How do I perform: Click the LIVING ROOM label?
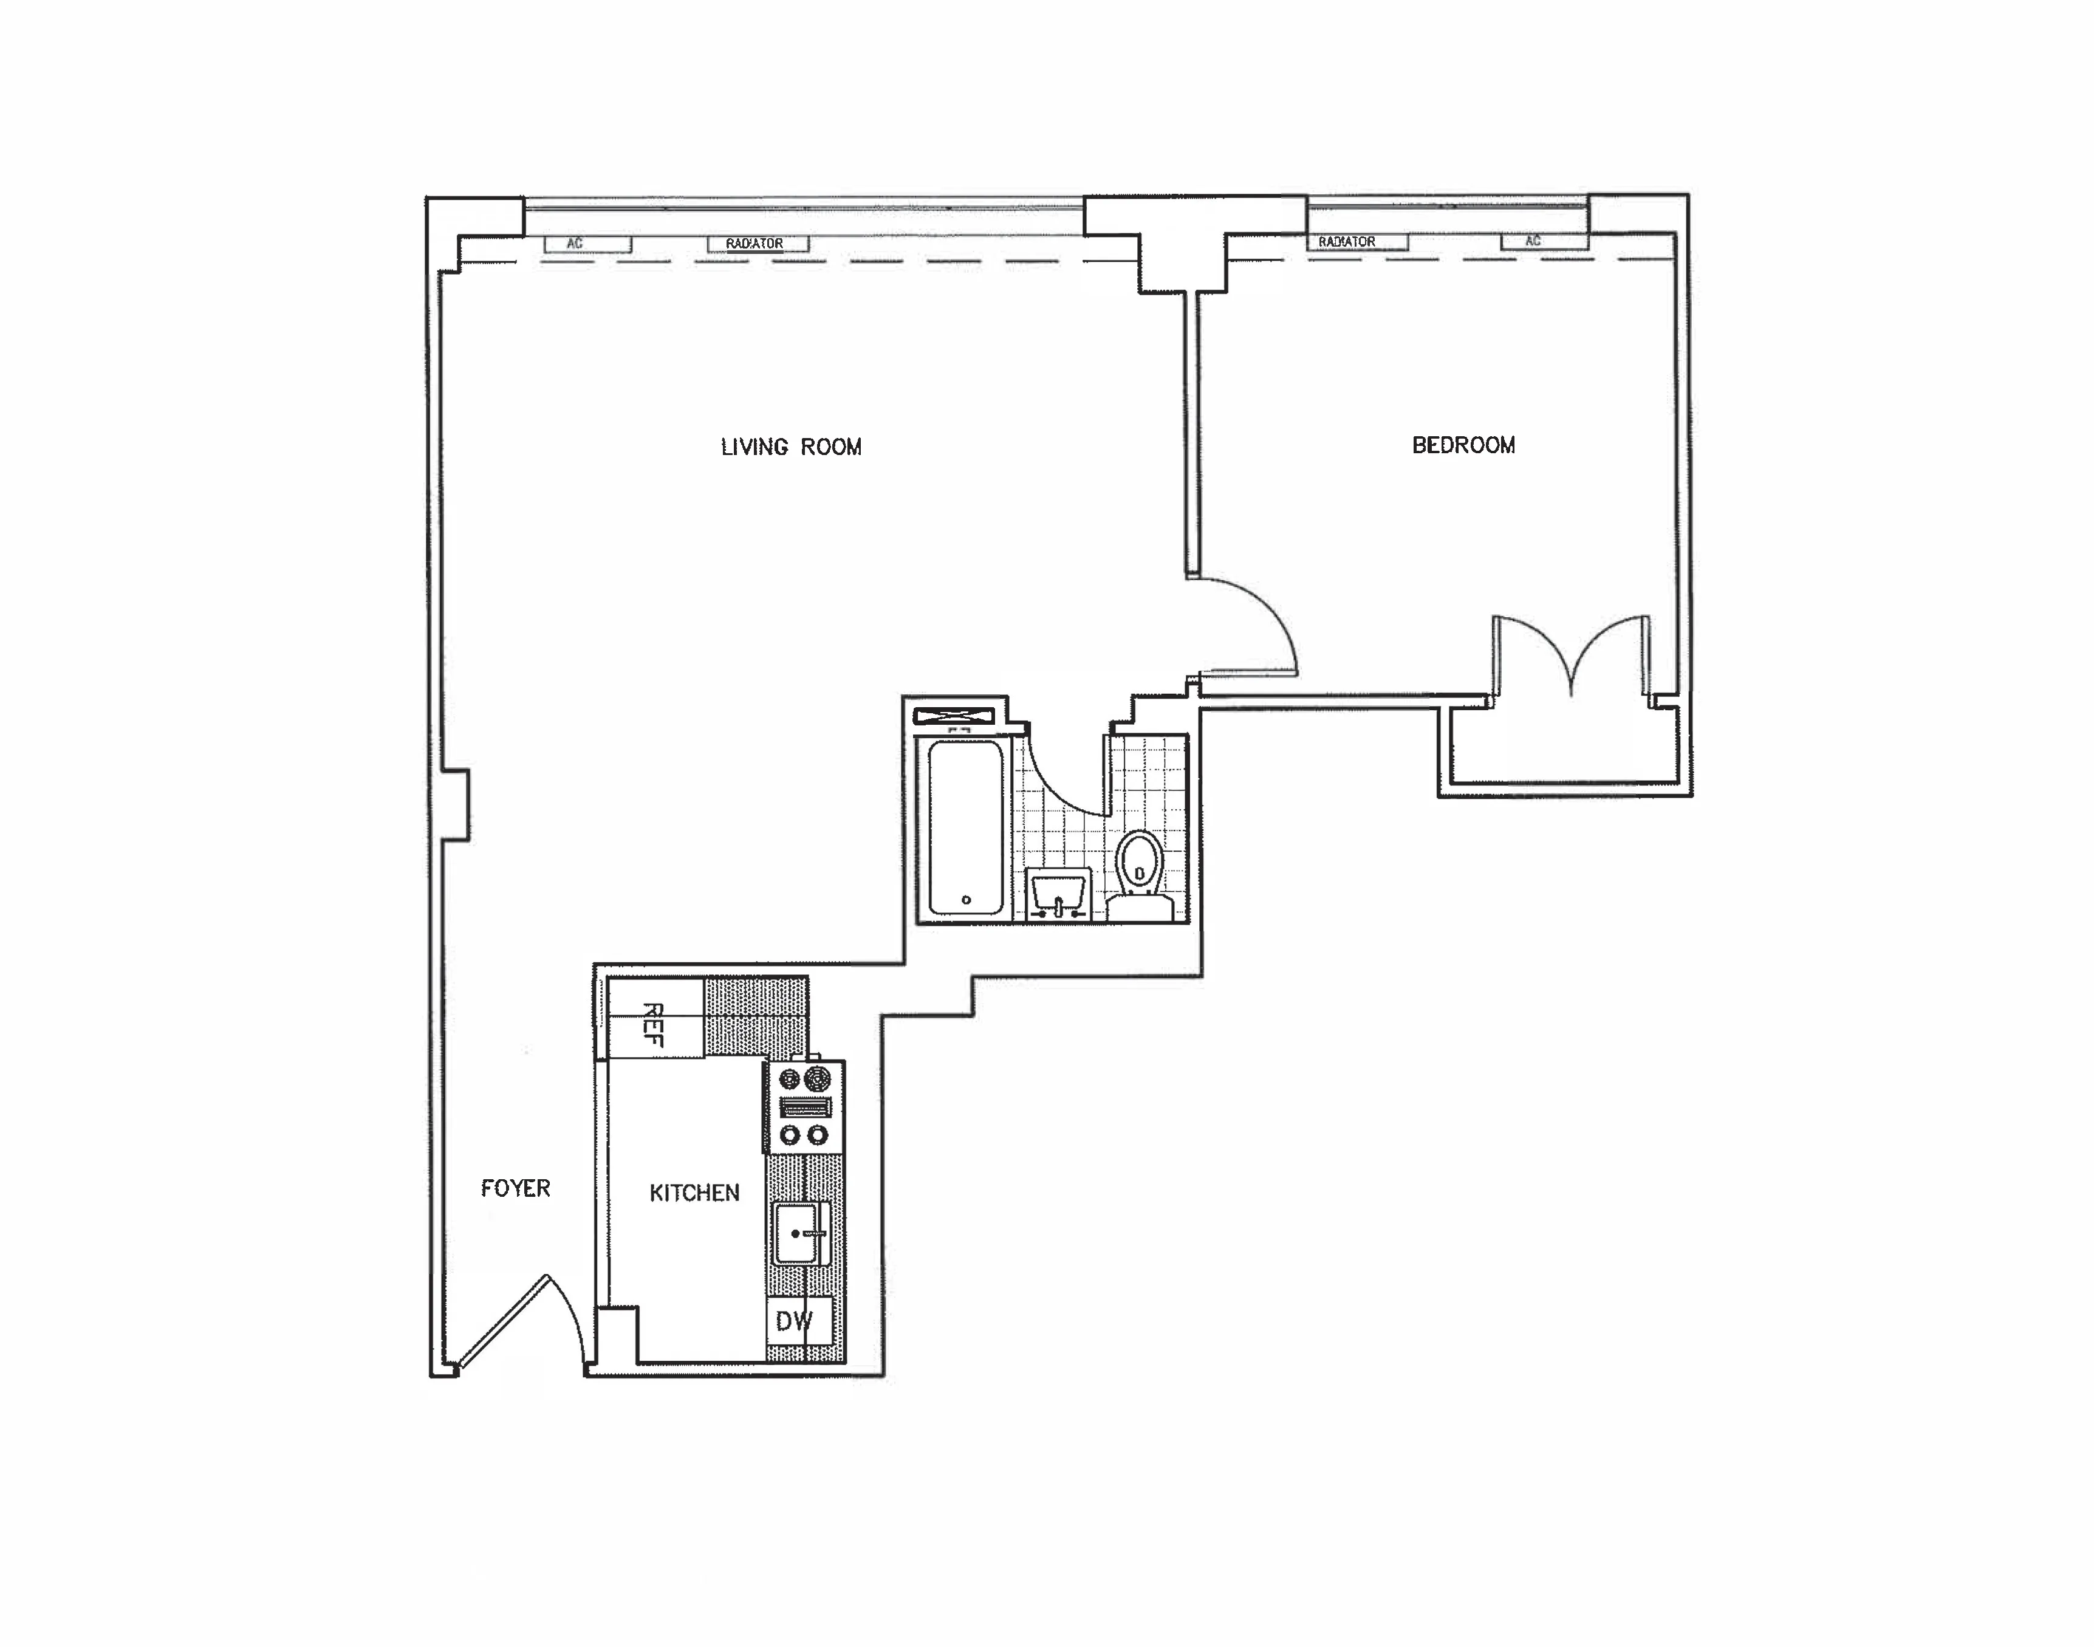pyautogui.click(x=790, y=447)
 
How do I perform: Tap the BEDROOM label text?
pyautogui.click(x=1463, y=445)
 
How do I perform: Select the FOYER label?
pyautogui.click(x=516, y=1188)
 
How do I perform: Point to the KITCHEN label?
pyautogui.click(x=694, y=1193)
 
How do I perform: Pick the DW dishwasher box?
pyautogui.click(x=798, y=1321)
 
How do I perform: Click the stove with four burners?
pyautogui.click(x=805, y=1106)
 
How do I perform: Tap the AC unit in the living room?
pyautogui.click(x=587, y=244)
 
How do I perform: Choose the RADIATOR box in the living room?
pyautogui.click(x=758, y=244)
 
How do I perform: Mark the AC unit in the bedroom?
pyautogui.click(x=1544, y=241)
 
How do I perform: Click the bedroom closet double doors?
pyautogui.click(x=1572, y=656)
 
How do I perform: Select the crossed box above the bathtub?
pyautogui.click(x=954, y=716)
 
